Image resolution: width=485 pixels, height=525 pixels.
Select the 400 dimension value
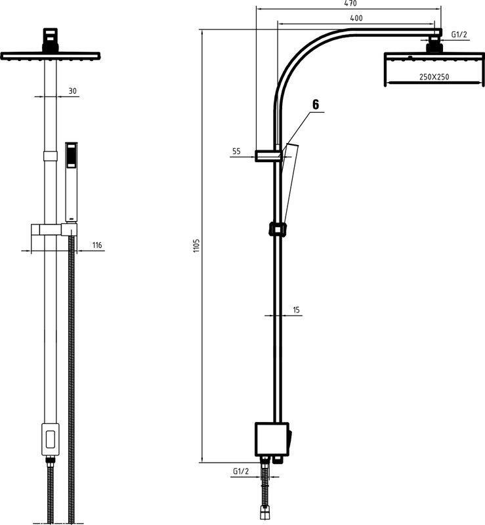click(x=356, y=18)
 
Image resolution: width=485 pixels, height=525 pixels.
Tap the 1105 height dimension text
click(x=196, y=246)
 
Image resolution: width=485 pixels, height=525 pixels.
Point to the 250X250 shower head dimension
click(x=434, y=77)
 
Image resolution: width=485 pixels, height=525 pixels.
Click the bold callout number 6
click(x=316, y=104)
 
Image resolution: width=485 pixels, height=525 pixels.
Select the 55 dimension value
click(x=236, y=152)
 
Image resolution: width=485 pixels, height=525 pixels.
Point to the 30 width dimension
click(x=72, y=91)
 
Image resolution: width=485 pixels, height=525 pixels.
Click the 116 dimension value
click(x=96, y=245)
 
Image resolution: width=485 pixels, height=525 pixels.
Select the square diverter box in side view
click(x=270, y=439)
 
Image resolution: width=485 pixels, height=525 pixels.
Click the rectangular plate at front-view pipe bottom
click(x=49, y=439)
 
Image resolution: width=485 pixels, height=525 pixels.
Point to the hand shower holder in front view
click(x=53, y=230)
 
